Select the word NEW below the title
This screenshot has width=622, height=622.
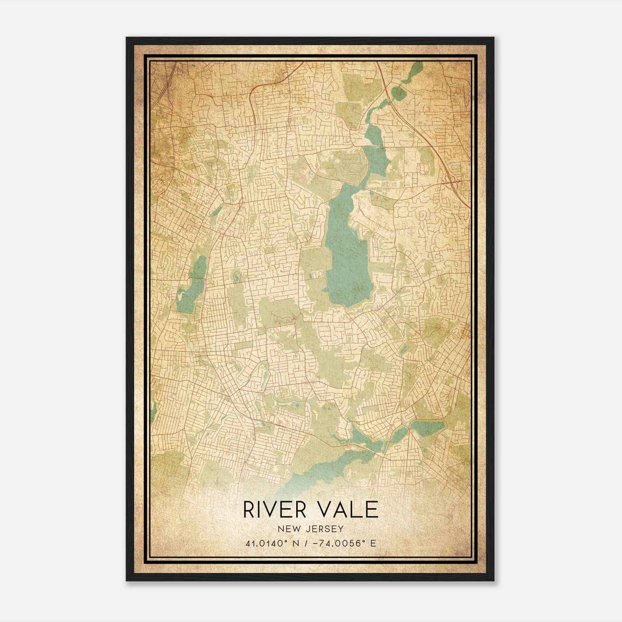288,529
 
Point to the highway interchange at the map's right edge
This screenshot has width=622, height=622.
452,179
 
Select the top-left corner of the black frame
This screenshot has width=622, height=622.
127,38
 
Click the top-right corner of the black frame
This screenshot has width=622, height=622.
493,38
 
